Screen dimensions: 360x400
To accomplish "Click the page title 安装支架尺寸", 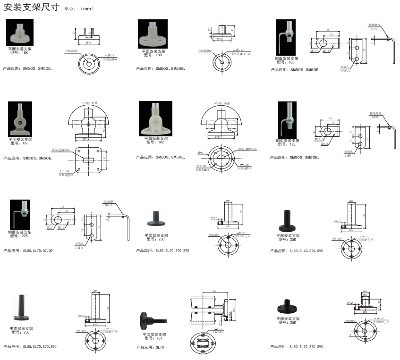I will click(x=32, y=8).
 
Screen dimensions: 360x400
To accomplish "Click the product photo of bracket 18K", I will click(x=20, y=32).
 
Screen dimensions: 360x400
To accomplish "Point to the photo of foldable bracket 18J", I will click(x=20, y=119).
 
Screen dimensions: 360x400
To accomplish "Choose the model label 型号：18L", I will click(x=287, y=144).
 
